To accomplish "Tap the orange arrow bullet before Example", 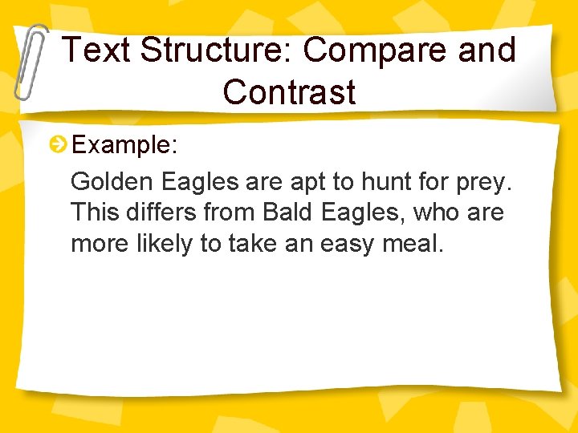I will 58,145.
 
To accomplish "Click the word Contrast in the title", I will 289,92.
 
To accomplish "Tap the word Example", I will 120,145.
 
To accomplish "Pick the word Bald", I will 289,212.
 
